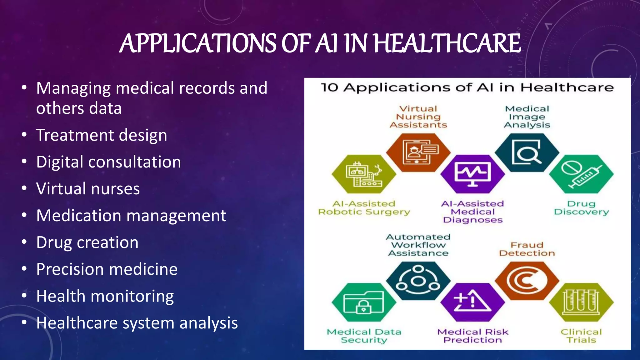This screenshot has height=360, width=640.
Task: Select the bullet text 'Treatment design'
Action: (x=102, y=135)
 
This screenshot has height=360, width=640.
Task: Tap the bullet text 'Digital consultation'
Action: (x=108, y=162)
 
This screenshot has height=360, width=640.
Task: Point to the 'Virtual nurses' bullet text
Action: (x=88, y=189)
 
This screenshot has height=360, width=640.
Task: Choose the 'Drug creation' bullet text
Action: (x=87, y=242)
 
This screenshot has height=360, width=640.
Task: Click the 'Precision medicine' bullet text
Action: (x=107, y=269)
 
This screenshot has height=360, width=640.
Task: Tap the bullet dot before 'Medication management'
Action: (x=24, y=215)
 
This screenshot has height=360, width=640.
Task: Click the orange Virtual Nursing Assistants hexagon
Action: (x=418, y=152)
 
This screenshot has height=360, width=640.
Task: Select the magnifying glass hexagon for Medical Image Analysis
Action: (x=527, y=152)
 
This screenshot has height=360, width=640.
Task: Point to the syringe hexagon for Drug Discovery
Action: (x=581, y=174)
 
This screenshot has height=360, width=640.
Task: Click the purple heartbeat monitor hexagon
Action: (x=472, y=174)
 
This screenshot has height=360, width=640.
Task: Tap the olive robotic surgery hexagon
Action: (x=364, y=174)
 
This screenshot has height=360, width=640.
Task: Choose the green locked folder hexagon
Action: (x=364, y=302)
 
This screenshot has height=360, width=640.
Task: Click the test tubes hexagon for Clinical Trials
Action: (x=581, y=302)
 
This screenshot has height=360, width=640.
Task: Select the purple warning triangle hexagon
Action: (x=472, y=302)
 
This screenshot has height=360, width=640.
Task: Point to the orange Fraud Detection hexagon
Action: (x=527, y=281)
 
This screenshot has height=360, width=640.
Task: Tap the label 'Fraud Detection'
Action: (x=527, y=249)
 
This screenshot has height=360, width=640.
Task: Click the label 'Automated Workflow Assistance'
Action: (x=418, y=245)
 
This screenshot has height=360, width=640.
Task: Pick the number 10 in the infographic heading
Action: (x=329, y=87)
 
